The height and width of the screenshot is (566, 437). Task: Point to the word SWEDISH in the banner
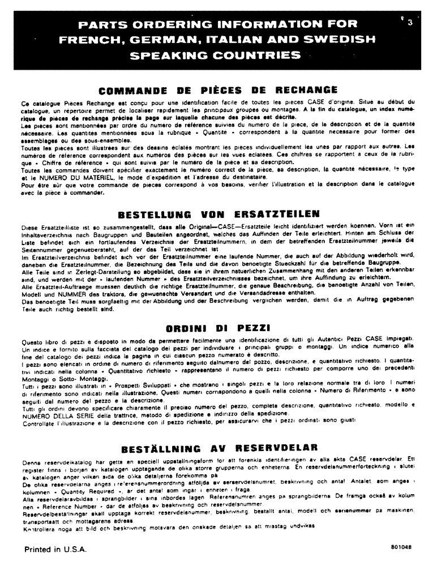click(x=340, y=40)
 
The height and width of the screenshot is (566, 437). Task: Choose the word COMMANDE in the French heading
click(x=131, y=89)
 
